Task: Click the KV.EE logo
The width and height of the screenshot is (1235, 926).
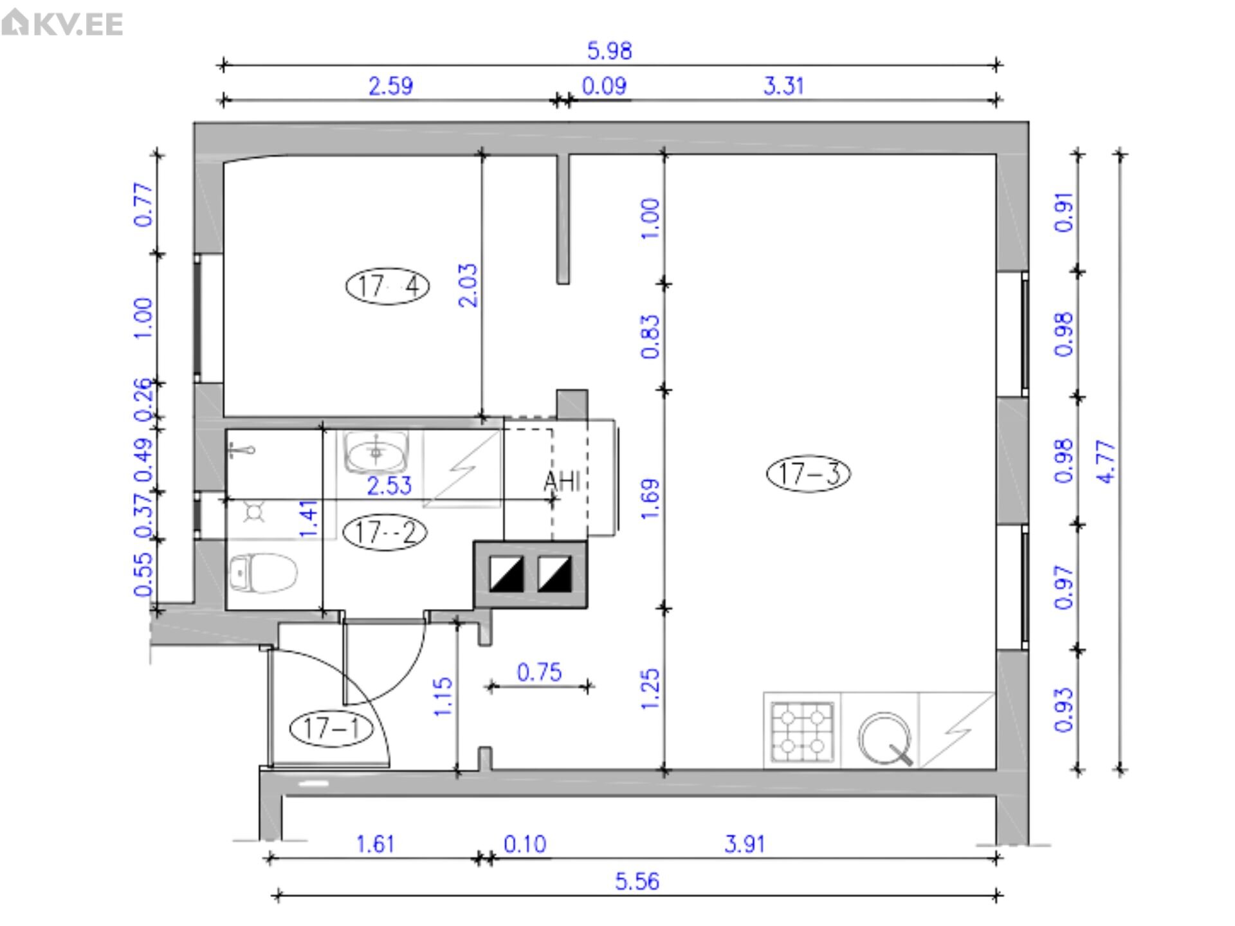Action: point(62,23)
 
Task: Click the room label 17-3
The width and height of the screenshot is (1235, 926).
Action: point(809,474)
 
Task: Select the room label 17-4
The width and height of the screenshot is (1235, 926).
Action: point(388,286)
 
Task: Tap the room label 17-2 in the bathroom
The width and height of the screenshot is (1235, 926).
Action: point(385,532)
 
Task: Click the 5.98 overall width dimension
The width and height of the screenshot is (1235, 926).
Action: point(610,51)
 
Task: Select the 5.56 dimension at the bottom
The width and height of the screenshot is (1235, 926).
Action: point(637,881)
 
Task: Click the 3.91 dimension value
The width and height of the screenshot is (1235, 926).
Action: point(745,844)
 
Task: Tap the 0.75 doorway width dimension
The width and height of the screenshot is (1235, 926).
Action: point(539,673)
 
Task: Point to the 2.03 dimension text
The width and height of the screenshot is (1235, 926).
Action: point(469,286)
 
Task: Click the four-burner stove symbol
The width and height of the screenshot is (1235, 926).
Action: point(803,731)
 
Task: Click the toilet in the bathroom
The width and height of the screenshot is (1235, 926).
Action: point(263,572)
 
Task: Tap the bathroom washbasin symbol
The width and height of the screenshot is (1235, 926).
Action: point(377,451)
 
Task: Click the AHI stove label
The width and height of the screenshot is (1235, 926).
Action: point(562,481)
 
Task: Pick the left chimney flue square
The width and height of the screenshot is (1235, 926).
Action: point(506,574)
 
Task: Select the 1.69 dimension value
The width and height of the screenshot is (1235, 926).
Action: point(650,499)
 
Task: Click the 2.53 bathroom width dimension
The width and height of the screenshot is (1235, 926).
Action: point(389,486)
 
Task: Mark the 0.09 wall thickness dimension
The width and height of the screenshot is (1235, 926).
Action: point(604,86)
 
